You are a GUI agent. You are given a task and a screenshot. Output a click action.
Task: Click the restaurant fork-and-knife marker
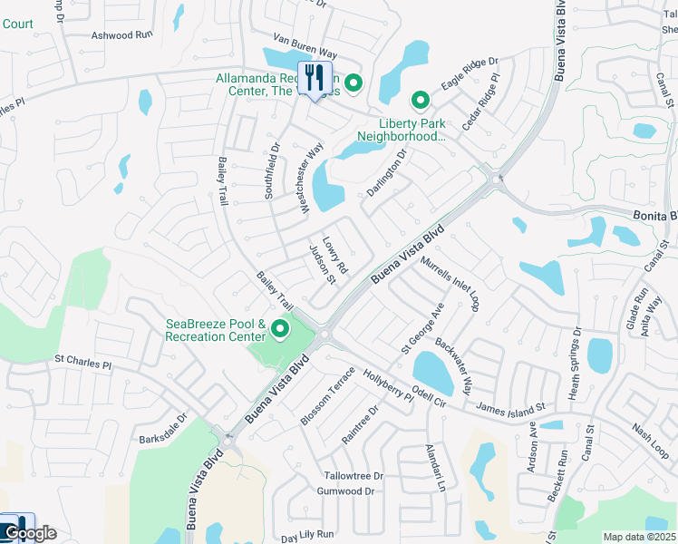pos(315,76)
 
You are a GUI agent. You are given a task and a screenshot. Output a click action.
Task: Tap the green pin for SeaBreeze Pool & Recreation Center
pos(280,330)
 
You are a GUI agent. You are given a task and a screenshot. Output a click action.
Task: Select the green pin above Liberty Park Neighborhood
pos(420,100)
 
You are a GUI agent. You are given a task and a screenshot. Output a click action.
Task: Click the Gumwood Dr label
pos(345,491)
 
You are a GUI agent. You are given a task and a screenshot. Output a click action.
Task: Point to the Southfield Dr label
pos(271,170)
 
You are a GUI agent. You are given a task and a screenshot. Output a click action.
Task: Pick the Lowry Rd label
pos(335,256)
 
